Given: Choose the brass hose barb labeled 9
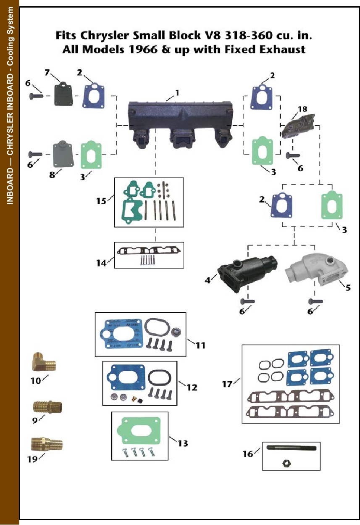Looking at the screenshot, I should [x=47, y=406].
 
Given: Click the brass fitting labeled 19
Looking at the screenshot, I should [x=47, y=444].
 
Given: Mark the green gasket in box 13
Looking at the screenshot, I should [x=139, y=433].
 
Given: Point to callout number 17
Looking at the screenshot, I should [x=227, y=384].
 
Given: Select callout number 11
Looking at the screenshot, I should [x=200, y=345].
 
